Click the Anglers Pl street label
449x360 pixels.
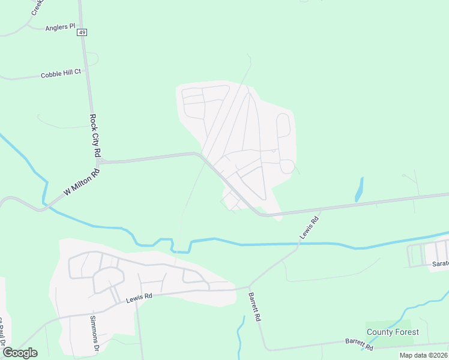pyautogui.click(x=60, y=27)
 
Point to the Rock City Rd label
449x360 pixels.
pyautogui.click(x=94, y=136)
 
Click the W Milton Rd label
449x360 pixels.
pyautogui.click(x=81, y=185)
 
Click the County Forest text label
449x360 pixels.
pyautogui.click(x=393, y=332)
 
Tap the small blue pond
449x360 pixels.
pyautogui.click(x=360, y=189)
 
